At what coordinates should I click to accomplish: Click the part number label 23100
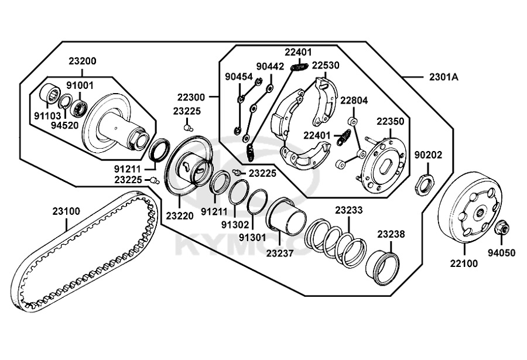coord(66,211)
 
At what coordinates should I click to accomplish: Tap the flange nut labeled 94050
coord(501,228)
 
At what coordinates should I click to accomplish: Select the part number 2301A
coord(444,77)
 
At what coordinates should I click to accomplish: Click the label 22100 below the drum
coord(464,263)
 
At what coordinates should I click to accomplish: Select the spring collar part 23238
coord(382,267)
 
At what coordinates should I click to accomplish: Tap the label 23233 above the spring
coord(348,210)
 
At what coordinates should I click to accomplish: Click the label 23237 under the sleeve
coord(280,253)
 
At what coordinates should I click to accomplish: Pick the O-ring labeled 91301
coord(257,202)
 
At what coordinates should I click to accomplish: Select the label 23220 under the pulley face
coord(179,215)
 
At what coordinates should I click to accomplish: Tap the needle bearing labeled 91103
coord(50,92)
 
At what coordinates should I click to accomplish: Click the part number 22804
coord(354,100)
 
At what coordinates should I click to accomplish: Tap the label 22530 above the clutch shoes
coord(325,65)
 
